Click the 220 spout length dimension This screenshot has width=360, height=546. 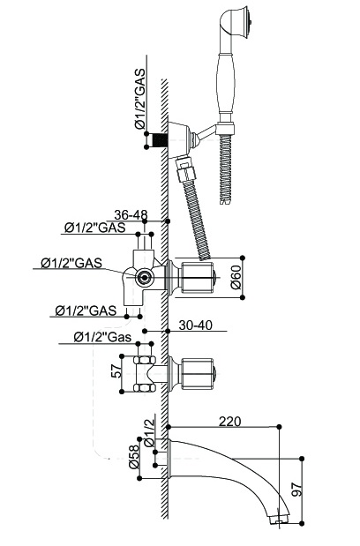tap(229, 422)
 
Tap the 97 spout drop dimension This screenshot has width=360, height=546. tap(296, 489)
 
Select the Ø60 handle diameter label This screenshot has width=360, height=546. tap(236, 278)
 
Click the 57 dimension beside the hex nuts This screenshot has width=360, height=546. tap(118, 372)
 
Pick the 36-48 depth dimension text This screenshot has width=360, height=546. tap(131, 214)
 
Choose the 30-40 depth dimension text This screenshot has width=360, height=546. tap(195, 325)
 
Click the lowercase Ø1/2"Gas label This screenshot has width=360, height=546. tap(102, 337)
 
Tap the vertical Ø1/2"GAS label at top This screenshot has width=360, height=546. tap(139, 100)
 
